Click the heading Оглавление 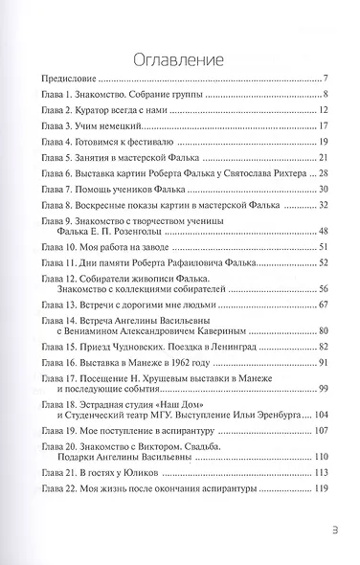(179, 50)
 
